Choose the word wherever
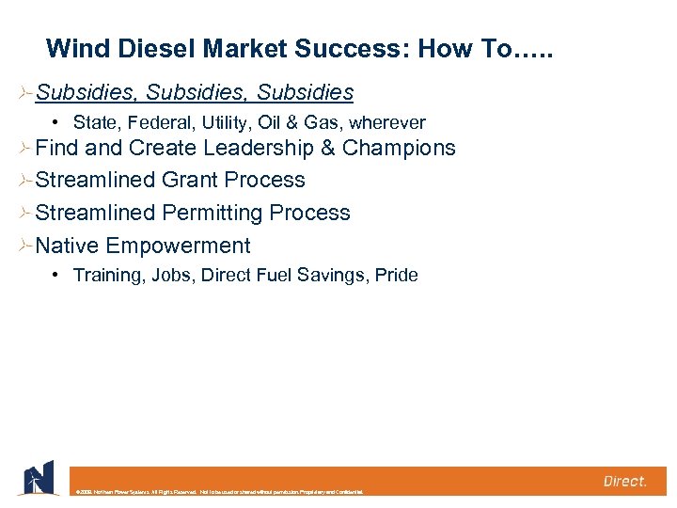click(387, 123)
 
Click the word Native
click(67, 246)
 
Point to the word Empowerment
click(178, 246)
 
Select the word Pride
click(396, 276)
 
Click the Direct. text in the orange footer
click(624, 481)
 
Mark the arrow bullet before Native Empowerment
click(24, 246)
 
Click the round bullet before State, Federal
click(57, 122)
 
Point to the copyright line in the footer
click(216, 491)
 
